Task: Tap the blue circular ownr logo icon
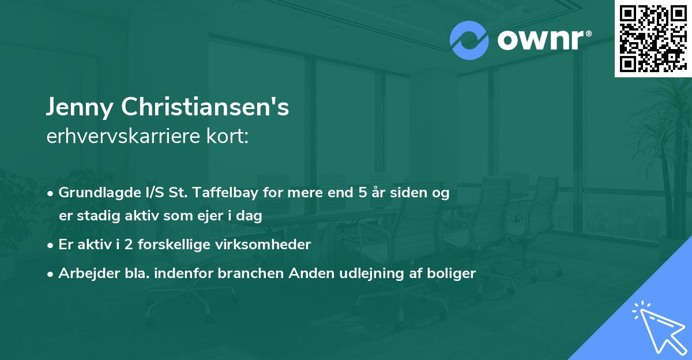[469, 40]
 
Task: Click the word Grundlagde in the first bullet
[95, 193]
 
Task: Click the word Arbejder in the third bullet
[85, 273]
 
